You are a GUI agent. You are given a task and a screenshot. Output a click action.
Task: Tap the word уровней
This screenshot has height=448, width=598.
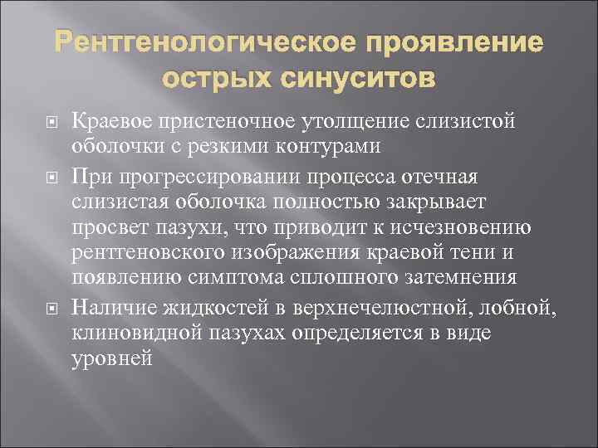pyautogui.click(x=113, y=359)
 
